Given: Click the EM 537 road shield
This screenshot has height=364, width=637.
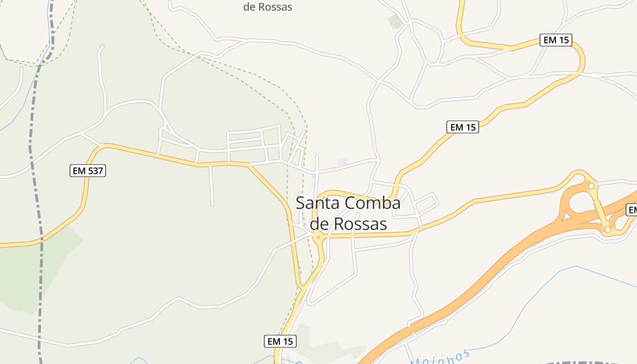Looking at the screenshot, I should pyautogui.click(x=88, y=171).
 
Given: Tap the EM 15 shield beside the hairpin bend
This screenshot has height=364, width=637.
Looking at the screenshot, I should pyautogui.click(x=556, y=40).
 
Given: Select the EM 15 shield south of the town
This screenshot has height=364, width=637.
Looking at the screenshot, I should pyautogui.click(x=280, y=341).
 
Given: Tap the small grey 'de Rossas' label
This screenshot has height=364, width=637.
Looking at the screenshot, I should pyautogui.click(x=268, y=7).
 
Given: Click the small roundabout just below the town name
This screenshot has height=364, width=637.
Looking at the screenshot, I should pyautogui.click(x=318, y=237).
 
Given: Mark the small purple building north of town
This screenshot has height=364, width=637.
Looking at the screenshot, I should pyautogui.click(x=342, y=162).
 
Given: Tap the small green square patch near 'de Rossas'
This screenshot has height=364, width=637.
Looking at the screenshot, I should pyautogui.click(x=394, y=21).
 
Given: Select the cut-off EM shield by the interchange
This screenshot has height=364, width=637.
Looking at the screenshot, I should pyautogui.click(x=632, y=210).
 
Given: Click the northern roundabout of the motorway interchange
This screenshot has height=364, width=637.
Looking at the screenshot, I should pyautogui.click(x=591, y=185).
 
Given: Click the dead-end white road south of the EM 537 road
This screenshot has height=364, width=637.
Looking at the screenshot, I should pyautogui.click(x=211, y=187).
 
